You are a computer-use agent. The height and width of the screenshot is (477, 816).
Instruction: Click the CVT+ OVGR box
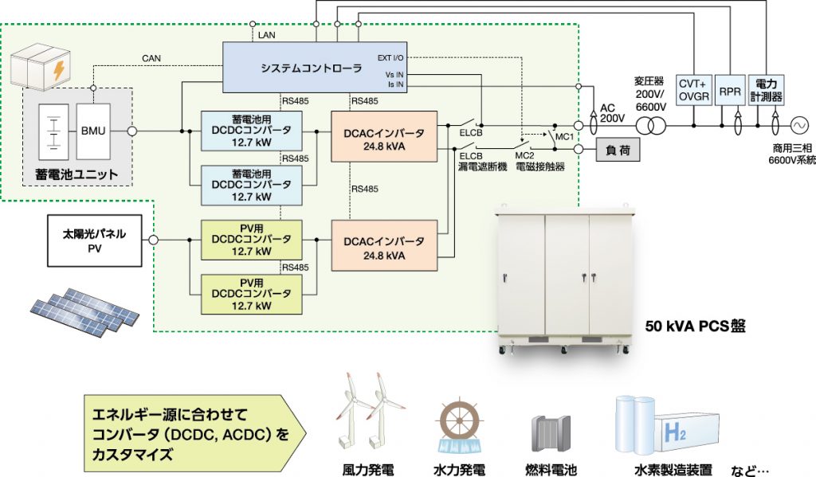point(693,90)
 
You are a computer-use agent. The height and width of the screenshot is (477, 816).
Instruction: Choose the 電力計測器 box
point(767,90)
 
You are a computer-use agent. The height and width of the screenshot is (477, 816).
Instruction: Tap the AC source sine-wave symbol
point(798,126)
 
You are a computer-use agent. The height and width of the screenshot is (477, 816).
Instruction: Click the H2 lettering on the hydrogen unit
point(675,433)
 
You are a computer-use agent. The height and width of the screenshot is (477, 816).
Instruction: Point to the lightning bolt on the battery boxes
point(57,69)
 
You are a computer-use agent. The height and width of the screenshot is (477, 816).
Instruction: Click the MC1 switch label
point(565,137)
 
